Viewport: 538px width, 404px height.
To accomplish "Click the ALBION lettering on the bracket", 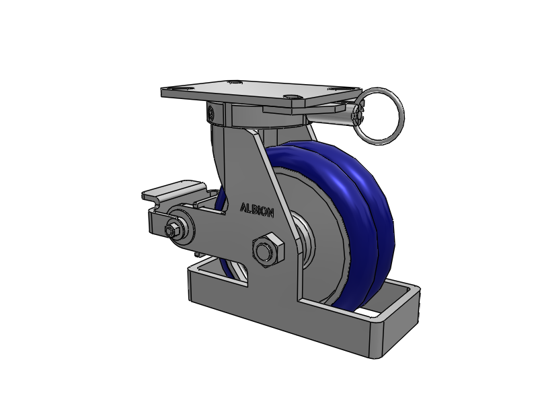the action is (257, 210).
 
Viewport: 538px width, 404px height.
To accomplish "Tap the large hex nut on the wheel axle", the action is (268, 249).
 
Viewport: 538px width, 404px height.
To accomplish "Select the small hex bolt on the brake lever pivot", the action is (172, 230).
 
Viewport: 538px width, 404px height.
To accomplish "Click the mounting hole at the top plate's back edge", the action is (234, 82).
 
